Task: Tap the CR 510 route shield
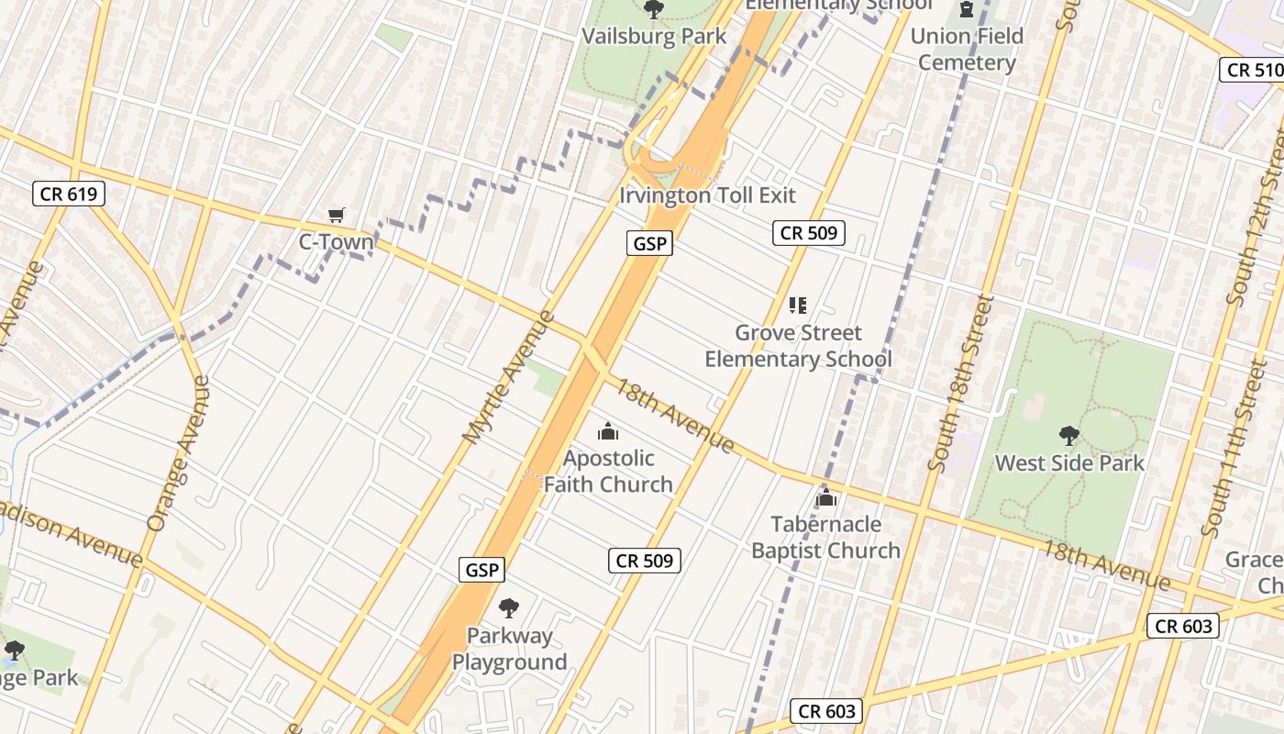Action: click(x=1254, y=70)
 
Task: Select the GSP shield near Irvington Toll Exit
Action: click(x=650, y=243)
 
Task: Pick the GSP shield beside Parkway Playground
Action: click(x=481, y=570)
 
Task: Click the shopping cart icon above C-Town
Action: click(x=337, y=216)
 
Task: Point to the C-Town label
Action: click(x=337, y=242)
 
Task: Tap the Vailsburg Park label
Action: click(x=654, y=37)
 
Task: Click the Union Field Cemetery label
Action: click(x=967, y=50)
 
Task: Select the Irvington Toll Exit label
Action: click(x=707, y=195)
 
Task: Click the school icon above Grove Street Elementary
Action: click(x=797, y=306)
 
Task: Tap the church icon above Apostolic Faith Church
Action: click(x=607, y=431)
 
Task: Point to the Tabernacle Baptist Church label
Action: click(x=825, y=538)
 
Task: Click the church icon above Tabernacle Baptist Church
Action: click(x=825, y=498)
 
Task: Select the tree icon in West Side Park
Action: click(x=1068, y=435)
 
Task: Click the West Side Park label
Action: click(x=1069, y=463)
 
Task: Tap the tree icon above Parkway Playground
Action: click(x=509, y=607)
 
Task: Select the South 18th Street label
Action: click(x=961, y=383)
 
